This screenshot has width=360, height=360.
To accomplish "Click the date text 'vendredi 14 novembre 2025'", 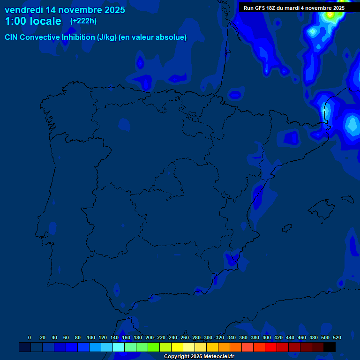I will tap(65, 10).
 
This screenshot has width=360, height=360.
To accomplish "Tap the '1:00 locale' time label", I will tap(33, 21).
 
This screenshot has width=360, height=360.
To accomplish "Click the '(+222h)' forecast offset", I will tap(83, 21).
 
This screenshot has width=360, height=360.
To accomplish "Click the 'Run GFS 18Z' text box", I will tap(294, 8).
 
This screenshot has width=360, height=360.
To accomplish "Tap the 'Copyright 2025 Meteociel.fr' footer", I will tap(199, 357).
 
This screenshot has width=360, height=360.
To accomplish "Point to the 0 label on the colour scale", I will tap(30, 338).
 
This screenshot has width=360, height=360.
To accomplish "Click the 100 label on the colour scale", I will tap(91, 338).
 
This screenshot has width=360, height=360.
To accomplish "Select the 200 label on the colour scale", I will tap(150, 338).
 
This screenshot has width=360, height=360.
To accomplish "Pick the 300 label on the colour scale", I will tap(208, 338).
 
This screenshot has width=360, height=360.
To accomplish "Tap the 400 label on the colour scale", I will tap(267, 338).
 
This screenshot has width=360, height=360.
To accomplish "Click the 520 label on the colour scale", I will tap(337, 338).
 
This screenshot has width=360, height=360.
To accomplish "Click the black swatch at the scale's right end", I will tap(330, 347).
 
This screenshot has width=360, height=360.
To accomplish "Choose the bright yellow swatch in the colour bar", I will tap(177, 347).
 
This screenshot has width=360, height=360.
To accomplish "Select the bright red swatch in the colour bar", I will tap(271, 347).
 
